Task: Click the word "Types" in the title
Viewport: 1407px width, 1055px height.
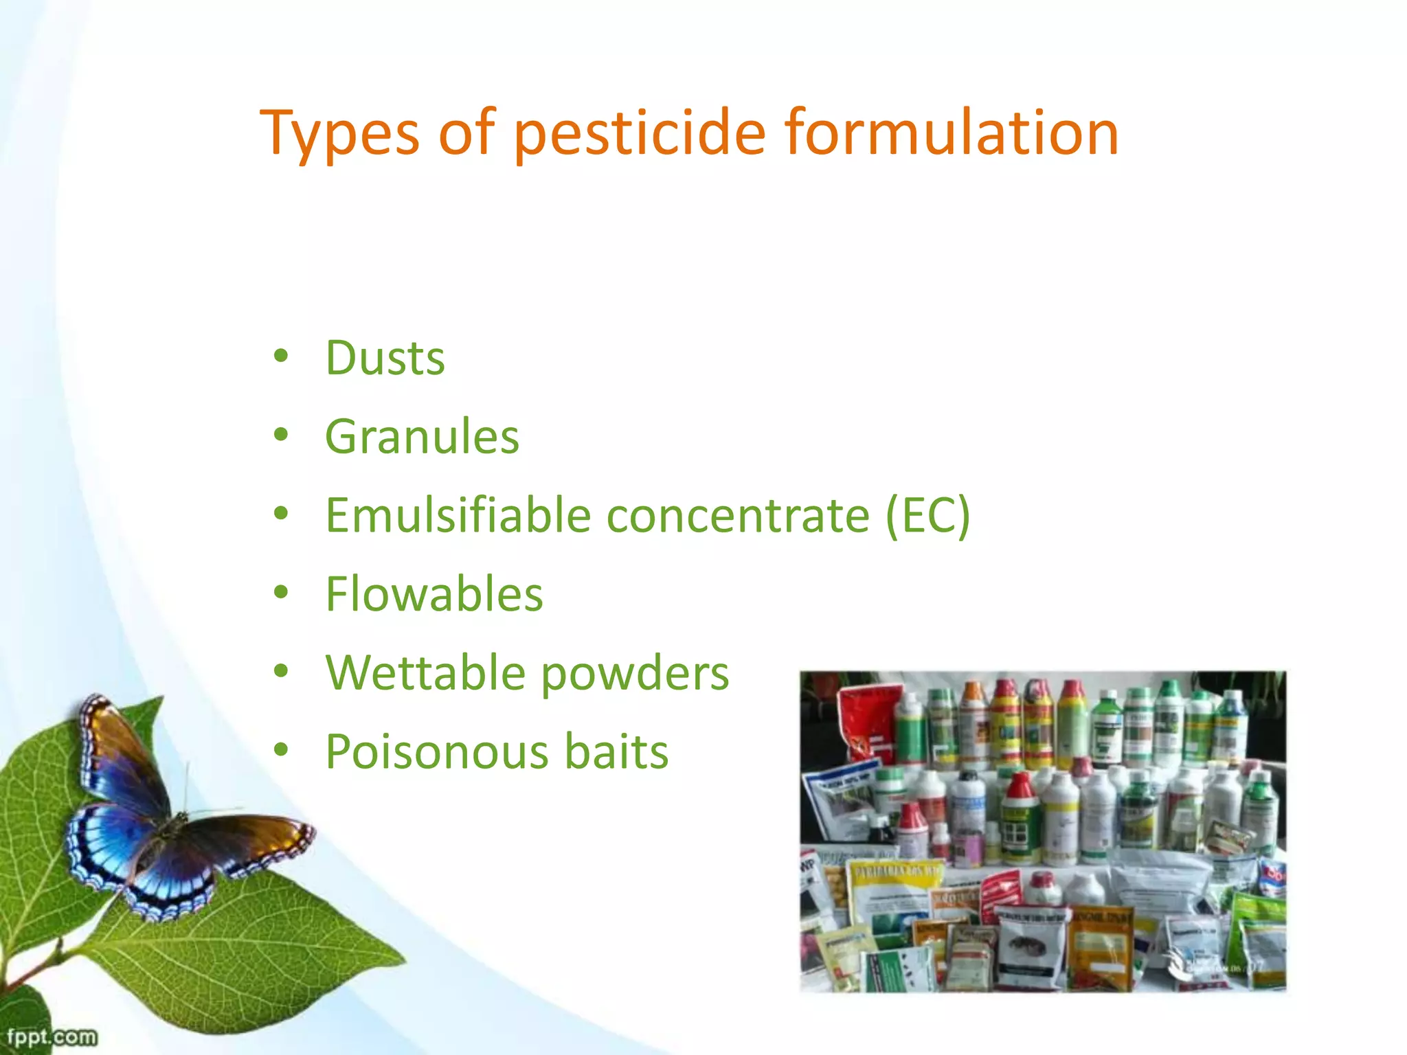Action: [x=339, y=134]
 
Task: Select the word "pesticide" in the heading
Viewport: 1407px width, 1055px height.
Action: [x=639, y=134]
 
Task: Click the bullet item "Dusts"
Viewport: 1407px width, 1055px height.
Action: [x=385, y=359]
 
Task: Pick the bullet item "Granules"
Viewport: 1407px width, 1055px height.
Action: [x=422, y=437]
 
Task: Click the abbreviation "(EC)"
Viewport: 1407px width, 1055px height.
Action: [x=927, y=516]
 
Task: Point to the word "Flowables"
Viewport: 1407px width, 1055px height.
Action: [x=434, y=594]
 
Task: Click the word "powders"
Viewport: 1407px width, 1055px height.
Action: [x=635, y=674]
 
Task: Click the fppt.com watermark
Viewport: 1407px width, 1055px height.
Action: [x=52, y=1036]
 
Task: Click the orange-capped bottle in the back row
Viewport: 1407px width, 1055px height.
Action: [x=973, y=721]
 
